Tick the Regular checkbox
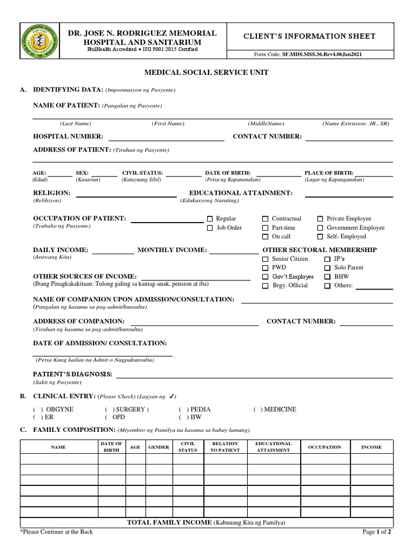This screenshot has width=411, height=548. point(210,219)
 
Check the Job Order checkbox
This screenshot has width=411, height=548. point(210,228)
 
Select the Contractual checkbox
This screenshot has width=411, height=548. point(265,219)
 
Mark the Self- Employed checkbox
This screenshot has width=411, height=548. point(320,237)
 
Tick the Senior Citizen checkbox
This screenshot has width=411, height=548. point(265,259)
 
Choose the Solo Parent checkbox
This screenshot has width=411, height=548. point(328,268)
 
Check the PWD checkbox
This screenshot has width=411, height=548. point(265,268)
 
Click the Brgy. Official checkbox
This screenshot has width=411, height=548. point(265,286)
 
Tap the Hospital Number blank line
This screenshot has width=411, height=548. point(166,140)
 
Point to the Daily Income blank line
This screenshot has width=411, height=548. point(115,253)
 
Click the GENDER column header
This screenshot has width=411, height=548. point(158,447)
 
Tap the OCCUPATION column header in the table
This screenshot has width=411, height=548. point(324,447)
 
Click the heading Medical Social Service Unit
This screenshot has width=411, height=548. point(205,72)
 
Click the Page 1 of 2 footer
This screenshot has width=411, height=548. point(377,532)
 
